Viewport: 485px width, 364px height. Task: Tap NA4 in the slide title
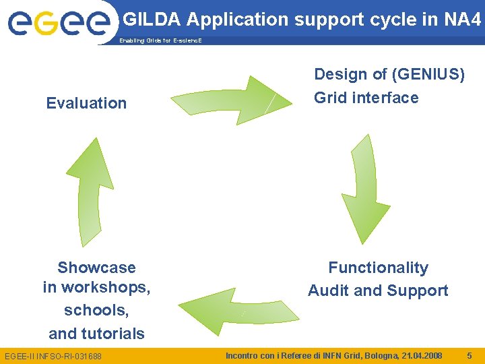pos(463,20)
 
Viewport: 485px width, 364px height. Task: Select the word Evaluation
pos(86,103)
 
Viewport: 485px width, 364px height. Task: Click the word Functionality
pos(378,268)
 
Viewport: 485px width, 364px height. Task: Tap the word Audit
pos(329,291)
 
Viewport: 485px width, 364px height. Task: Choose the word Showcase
pos(96,268)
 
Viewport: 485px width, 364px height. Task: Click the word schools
pos(96,311)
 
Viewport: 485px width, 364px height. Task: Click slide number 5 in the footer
pos(469,355)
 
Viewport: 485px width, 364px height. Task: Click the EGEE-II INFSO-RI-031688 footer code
pos(53,355)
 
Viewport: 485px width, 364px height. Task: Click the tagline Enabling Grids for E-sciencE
pos(160,41)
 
